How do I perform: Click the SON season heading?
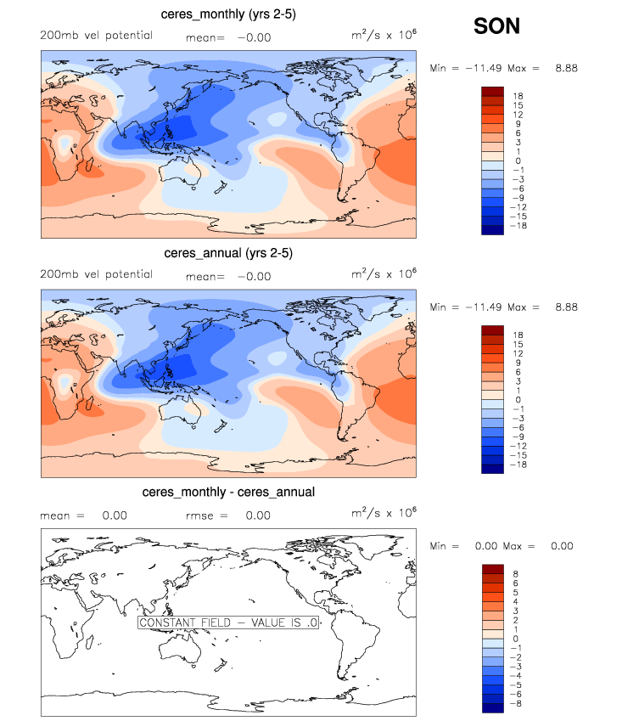pyautogui.click(x=496, y=27)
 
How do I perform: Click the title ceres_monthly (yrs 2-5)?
pyautogui.click(x=228, y=14)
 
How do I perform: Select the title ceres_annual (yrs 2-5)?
pyautogui.click(x=228, y=253)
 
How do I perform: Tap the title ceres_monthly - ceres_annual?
pyautogui.click(x=228, y=492)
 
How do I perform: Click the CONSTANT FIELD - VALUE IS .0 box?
pyautogui.click(x=228, y=622)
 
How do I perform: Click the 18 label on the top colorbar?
pyautogui.click(x=518, y=96)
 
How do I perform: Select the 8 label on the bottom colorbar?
pyautogui.click(x=515, y=574)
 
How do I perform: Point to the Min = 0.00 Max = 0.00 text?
pyautogui.click(x=502, y=546)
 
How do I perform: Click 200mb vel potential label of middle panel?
pyautogui.click(x=96, y=274)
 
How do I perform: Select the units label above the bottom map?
pyautogui.click(x=384, y=514)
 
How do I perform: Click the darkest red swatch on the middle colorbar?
pyautogui.click(x=493, y=330)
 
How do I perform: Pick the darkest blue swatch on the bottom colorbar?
pyautogui.click(x=493, y=707)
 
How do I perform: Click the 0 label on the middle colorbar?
pyautogui.click(x=515, y=399)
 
